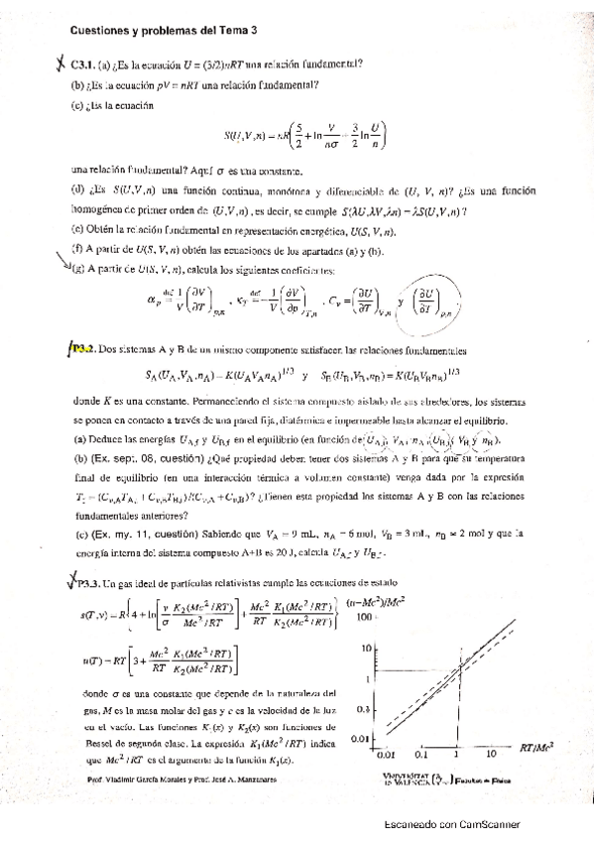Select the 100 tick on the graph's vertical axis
[x=364, y=617]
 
